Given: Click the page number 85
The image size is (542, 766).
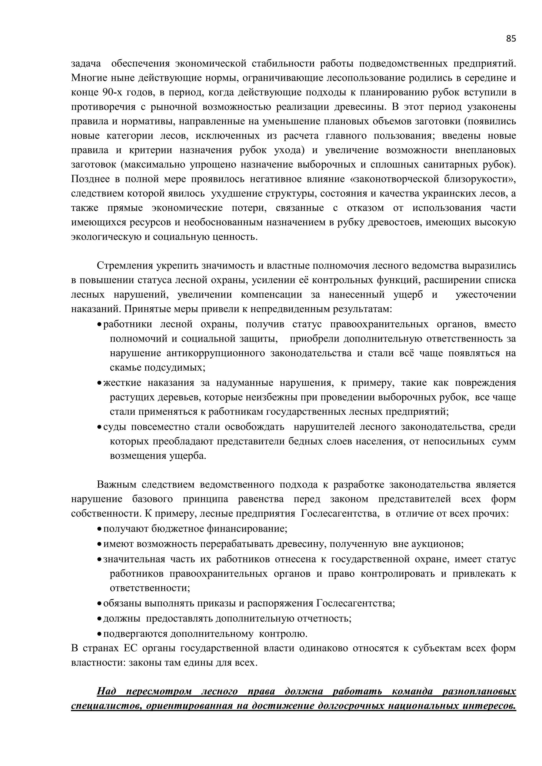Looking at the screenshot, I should point(511,39).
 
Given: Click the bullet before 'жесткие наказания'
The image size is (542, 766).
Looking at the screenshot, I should point(99,383).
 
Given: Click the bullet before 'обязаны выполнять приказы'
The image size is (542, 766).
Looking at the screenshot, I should point(99,604).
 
